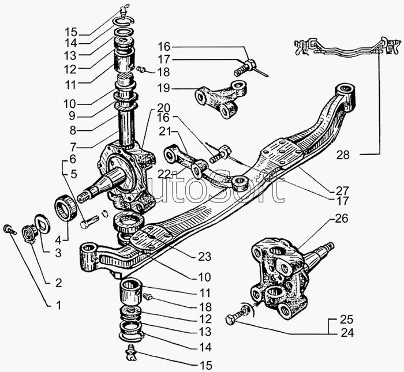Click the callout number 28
pyautogui.click(x=343, y=155)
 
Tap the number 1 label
pyautogui.click(x=59, y=305)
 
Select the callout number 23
pyautogui.click(x=204, y=257)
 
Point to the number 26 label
pyautogui.click(x=342, y=219)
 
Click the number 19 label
pyautogui.click(x=164, y=88)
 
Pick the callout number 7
pyautogui.click(x=73, y=147)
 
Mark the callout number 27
pyautogui.click(x=343, y=190)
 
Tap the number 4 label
pyautogui.click(x=58, y=241)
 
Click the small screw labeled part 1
pyautogui.click(x=10, y=229)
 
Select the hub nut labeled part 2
pyautogui.click(x=29, y=233)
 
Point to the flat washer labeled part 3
pyautogui.click(x=42, y=222)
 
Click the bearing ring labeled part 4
pyautogui.click(x=66, y=208)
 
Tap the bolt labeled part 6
pyautogui.click(x=89, y=221)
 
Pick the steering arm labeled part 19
pyautogui.click(x=222, y=99)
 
